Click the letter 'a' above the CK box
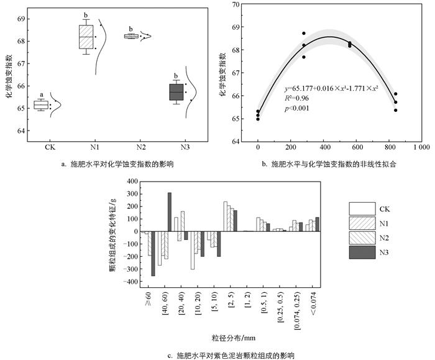41,94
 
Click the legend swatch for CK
363,208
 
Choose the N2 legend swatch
363,237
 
